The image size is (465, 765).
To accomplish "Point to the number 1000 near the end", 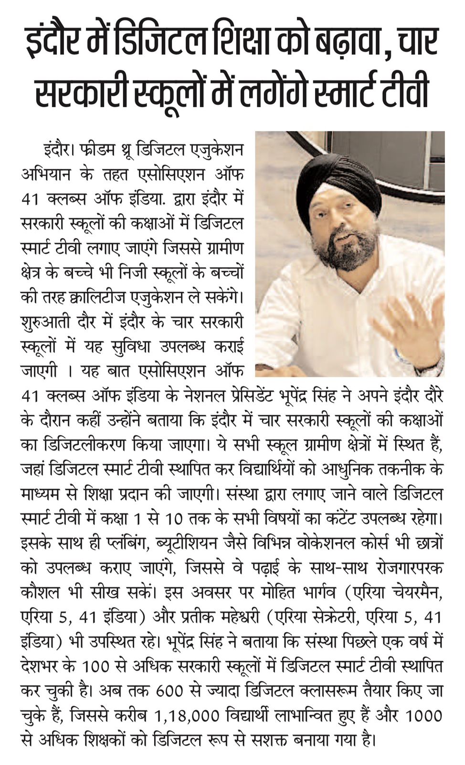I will [x=423, y=717].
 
